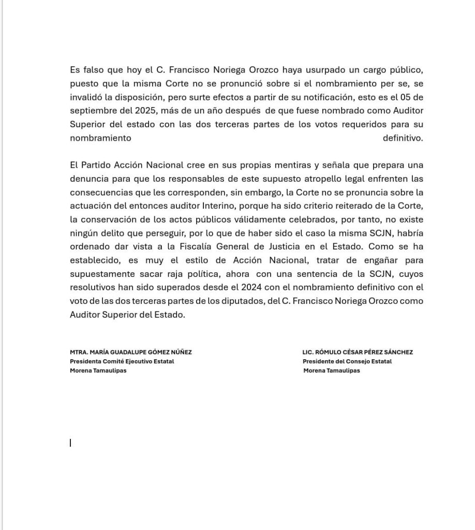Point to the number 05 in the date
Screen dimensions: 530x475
coord(398,97)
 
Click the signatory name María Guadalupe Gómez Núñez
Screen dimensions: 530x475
coord(131,352)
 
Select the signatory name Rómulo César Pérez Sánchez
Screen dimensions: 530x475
coord(358,352)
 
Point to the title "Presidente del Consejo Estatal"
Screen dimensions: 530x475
coord(347,361)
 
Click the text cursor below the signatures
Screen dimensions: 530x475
coord(70,443)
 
